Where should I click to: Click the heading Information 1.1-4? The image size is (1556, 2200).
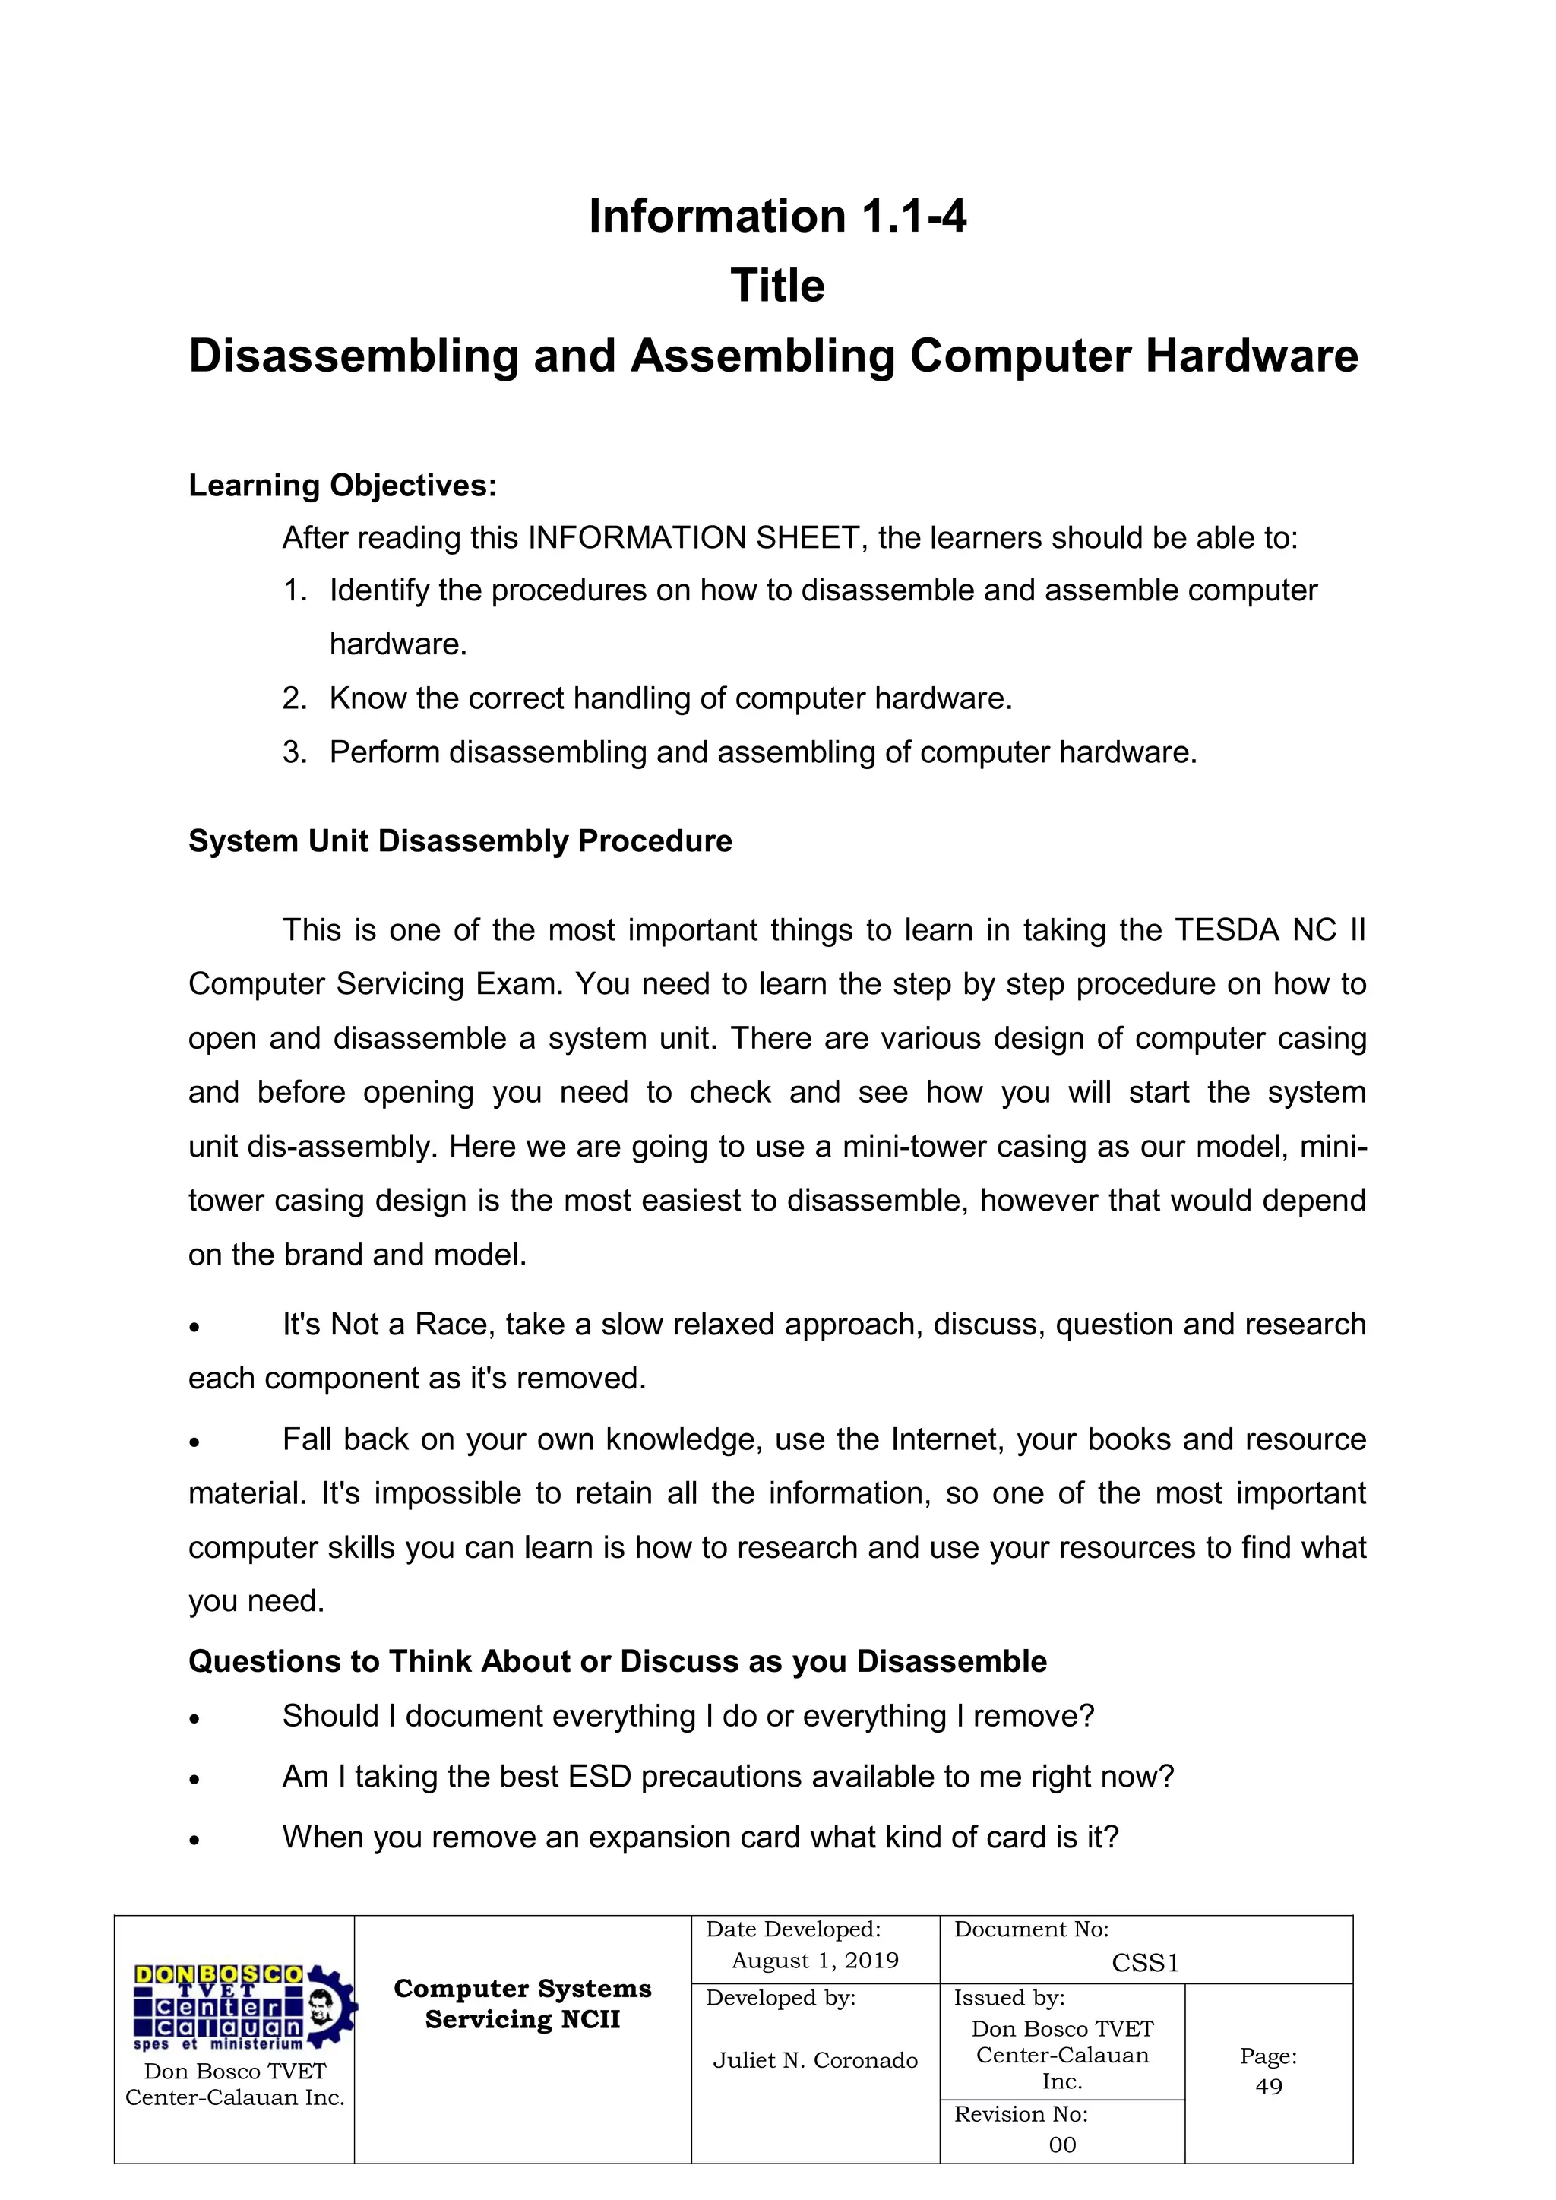pos(777,217)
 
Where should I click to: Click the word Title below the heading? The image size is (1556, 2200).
pos(777,286)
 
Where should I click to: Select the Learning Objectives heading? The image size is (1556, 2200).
pos(342,486)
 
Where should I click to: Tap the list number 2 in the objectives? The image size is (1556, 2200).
pos(293,698)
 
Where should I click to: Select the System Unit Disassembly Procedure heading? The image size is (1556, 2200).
pos(460,840)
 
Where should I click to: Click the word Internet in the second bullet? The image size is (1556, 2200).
pos(944,1439)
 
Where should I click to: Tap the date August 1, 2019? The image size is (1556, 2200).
pos(814,1961)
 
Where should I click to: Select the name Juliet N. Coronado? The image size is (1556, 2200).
pos(814,2060)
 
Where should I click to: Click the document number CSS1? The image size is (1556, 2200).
pos(1145,1964)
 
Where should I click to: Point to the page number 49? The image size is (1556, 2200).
pos(1269,2086)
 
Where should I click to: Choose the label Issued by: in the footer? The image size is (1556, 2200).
pos(1009,1998)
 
